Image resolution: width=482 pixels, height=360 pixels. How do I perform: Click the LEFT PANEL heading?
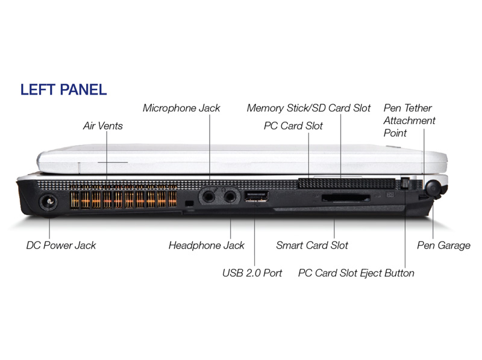pyautogui.click(x=63, y=89)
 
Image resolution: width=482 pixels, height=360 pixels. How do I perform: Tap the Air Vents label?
pyautogui.click(x=102, y=126)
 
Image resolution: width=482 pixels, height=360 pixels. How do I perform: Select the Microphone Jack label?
pyautogui.click(x=181, y=108)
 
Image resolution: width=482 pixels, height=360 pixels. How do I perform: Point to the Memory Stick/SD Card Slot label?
pyautogui.click(x=308, y=108)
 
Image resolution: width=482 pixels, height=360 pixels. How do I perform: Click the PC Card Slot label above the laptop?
pyautogui.click(x=293, y=126)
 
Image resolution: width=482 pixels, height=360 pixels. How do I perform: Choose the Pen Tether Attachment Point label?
pyautogui.click(x=409, y=120)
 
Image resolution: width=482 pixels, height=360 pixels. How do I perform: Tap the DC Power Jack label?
pyautogui.click(x=61, y=245)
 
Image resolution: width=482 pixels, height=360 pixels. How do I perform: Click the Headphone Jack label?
pyautogui.click(x=206, y=245)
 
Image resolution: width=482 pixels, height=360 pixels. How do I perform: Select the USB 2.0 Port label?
pyautogui.click(x=252, y=273)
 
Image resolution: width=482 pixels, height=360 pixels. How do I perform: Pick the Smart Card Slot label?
pyautogui.click(x=312, y=245)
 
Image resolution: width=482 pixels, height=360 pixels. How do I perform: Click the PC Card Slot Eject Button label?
pyautogui.click(x=356, y=273)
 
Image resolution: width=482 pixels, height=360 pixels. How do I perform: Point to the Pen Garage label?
pyautogui.click(x=443, y=245)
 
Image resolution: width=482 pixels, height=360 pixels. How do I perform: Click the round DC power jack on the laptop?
pyautogui.click(x=48, y=203)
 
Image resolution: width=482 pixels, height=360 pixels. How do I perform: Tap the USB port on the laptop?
pyautogui.click(x=256, y=196)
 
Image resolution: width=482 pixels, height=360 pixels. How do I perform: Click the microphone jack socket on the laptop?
pyautogui.click(x=208, y=196)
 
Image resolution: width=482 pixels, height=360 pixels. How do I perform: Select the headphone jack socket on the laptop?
pyautogui.click(x=230, y=196)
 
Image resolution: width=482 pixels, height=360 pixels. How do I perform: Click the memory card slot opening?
pyautogui.click(x=346, y=198)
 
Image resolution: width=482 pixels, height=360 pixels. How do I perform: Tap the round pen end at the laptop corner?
pyautogui.click(x=433, y=188)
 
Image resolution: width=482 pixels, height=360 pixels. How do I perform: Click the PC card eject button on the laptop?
pyautogui.click(x=405, y=184)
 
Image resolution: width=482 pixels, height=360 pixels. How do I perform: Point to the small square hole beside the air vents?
pyautogui.click(x=190, y=203)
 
